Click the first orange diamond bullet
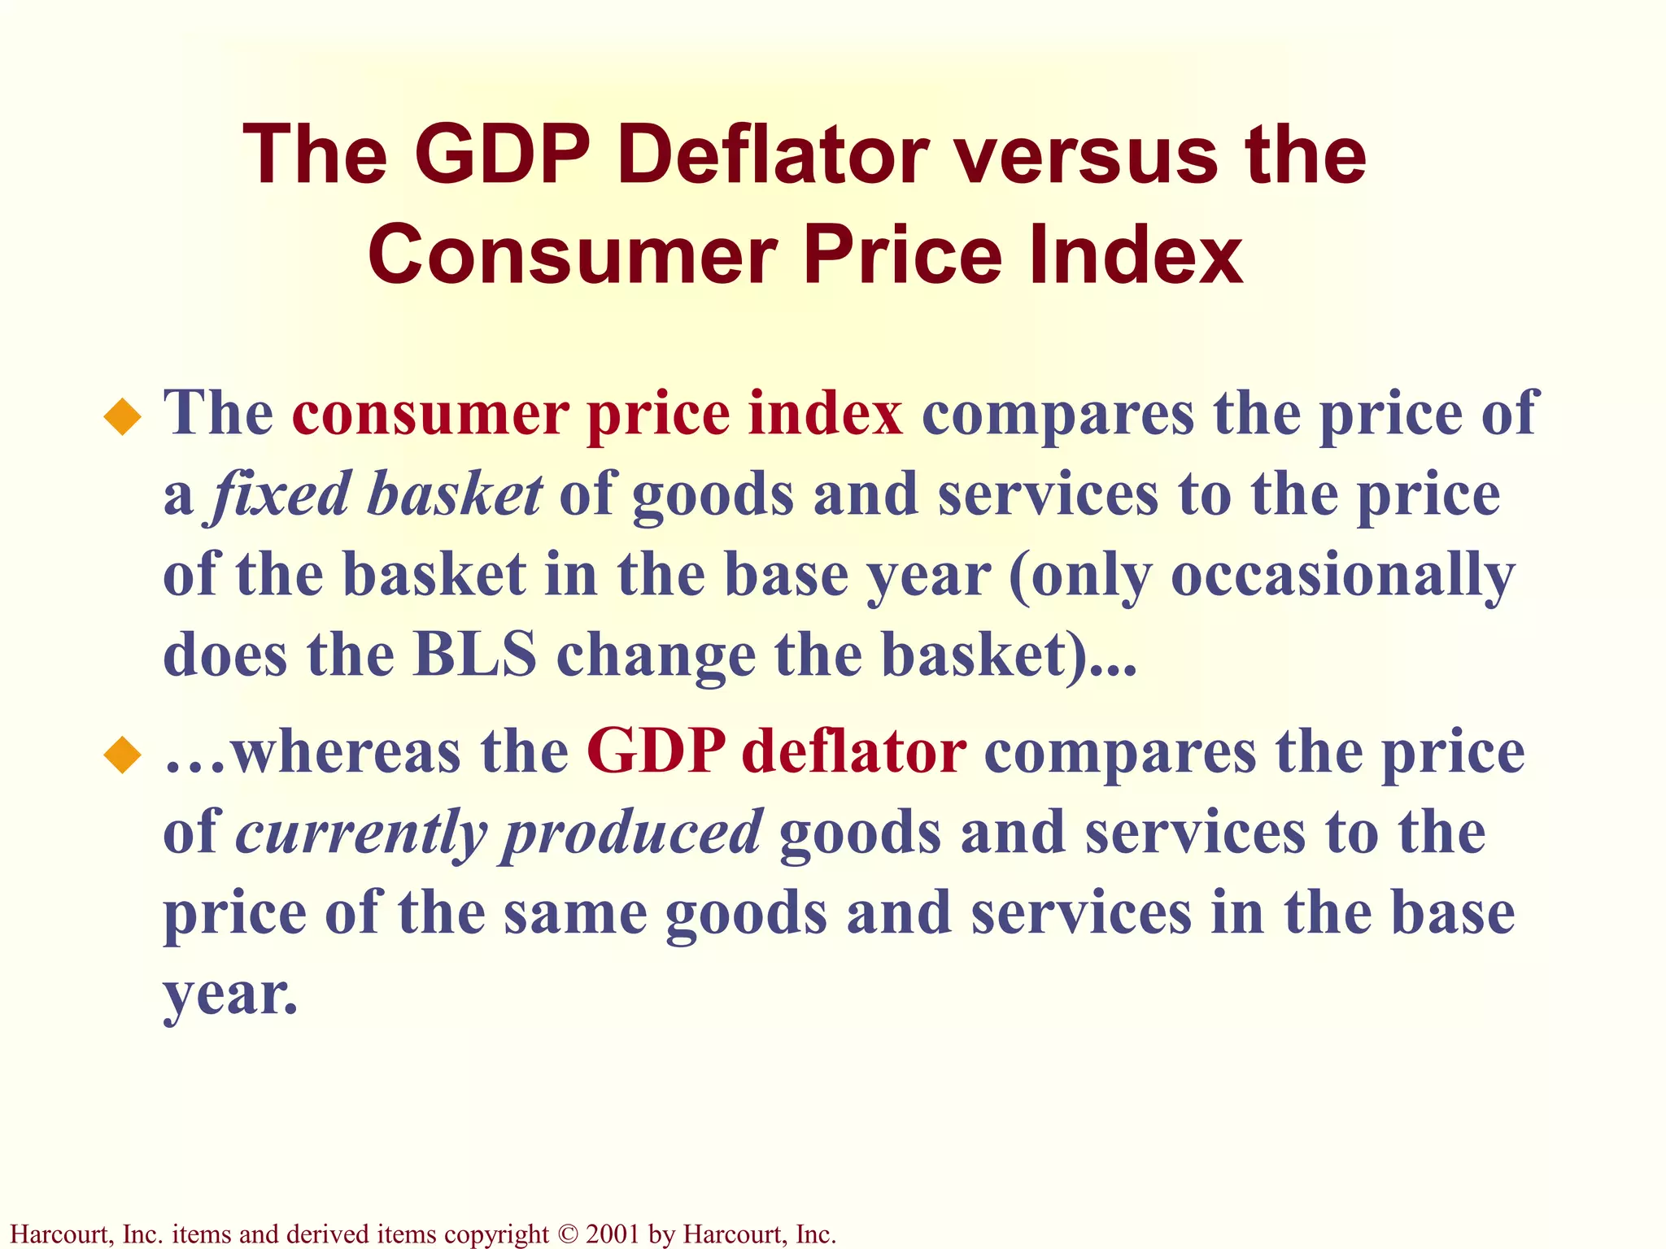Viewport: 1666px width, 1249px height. (x=123, y=417)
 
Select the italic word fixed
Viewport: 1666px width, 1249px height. (x=280, y=494)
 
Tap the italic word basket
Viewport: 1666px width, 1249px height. (x=453, y=494)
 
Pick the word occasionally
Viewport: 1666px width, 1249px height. (x=1342, y=576)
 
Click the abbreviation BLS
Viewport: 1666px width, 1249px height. (x=475, y=655)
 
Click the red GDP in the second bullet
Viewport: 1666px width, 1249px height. (x=655, y=751)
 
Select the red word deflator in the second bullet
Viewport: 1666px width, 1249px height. (x=853, y=751)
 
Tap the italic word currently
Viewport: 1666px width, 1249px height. (x=361, y=833)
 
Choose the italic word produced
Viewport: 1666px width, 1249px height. (x=631, y=833)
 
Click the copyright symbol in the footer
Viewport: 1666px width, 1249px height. (x=567, y=1234)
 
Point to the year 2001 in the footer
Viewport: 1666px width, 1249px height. (x=613, y=1234)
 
